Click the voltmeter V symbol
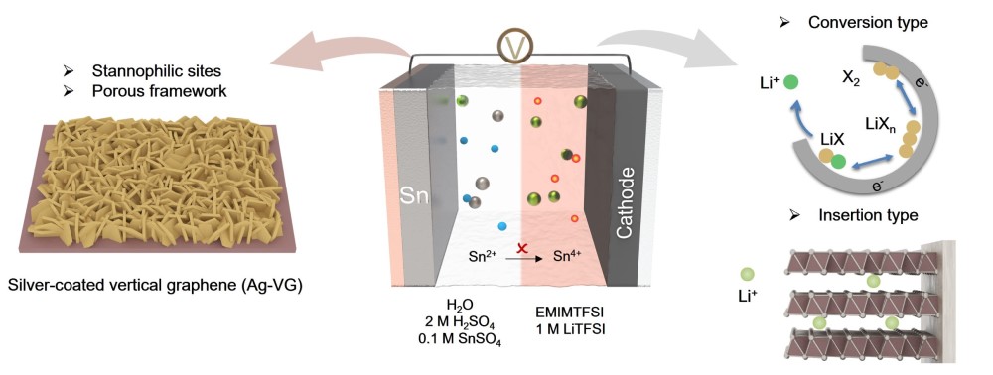pyautogui.click(x=514, y=46)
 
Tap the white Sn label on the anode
pyautogui.click(x=415, y=197)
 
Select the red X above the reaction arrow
pyautogui.click(x=522, y=248)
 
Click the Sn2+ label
pyautogui.click(x=485, y=257)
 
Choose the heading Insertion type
pyautogui.click(x=868, y=215)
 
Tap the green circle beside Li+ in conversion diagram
pyautogui.click(x=790, y=83)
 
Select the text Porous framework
pyautogui.click(x=160, y=91)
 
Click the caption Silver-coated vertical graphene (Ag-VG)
pyautogui.click(x=155, y=286)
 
